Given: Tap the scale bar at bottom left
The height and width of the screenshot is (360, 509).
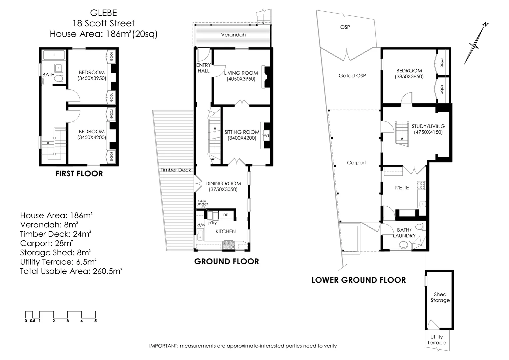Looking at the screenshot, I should pos(61,315).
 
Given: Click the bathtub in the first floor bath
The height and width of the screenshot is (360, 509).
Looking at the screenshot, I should pos(53,55).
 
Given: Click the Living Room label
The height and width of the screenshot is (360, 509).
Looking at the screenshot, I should pos(241,73).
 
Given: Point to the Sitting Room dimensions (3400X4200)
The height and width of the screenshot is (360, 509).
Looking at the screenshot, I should pos(242,138).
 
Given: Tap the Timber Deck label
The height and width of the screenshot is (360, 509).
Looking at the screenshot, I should pos(176,170).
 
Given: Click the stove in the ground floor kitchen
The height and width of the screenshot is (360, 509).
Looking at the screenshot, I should pos(229,245).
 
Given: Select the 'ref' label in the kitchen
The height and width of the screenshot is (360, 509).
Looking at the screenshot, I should pos(226,214).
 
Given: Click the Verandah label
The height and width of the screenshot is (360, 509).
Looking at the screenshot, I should pos(233,35).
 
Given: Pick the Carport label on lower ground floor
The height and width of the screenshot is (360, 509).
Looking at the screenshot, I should pos(356,163).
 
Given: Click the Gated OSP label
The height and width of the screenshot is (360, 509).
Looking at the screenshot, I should pos(352,76).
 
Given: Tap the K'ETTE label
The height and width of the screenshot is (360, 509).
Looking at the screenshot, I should pos(402,188).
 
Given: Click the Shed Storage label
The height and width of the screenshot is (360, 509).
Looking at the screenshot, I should pos(440,297).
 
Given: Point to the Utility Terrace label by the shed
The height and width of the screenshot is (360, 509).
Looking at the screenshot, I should pos(436,340).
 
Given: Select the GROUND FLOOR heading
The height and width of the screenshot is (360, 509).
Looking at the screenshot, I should pos(227,261).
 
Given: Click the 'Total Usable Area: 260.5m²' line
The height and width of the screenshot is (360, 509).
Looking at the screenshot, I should pos(71,271).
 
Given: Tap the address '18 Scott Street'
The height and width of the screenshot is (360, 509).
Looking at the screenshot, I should pos(104,23).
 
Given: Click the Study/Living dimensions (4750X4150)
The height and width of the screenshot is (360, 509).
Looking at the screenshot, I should pos(428,132).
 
